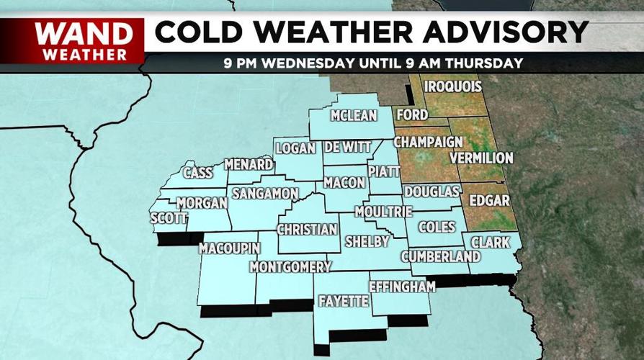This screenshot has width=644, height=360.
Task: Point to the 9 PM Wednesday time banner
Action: tap(372, 63)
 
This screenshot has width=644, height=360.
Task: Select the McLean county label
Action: tap(353, 116)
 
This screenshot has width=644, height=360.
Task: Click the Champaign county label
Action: tap(428, 141)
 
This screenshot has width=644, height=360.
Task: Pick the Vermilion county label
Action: tap(480, 158)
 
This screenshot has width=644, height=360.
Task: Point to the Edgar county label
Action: tap(490, 200)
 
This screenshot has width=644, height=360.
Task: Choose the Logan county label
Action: tap(295, 148)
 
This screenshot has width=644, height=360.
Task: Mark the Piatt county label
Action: tap(378, 171)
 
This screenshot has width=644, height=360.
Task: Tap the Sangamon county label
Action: tap(264, 194)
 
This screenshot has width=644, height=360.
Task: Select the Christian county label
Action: tap(307, 230)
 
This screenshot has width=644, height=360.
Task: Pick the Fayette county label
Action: tap(342, 302)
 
